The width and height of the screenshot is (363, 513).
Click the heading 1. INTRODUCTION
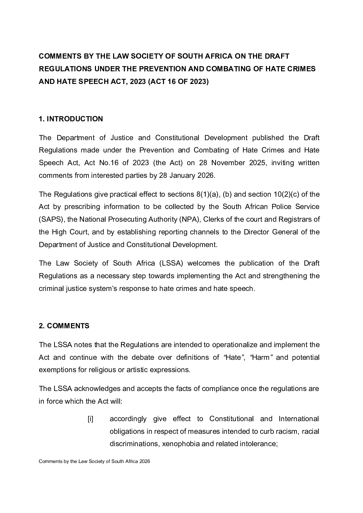click(x=71, y=119)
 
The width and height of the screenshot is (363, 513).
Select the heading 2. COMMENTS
click(x=64, y=326)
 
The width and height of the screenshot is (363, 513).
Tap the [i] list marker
click(x=90, y=419)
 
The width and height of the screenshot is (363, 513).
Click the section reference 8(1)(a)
click(x=208, y=194)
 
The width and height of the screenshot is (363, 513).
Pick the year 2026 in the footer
click(x=145, y=462)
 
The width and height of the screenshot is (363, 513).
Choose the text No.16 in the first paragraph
click(x=108, y=163)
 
